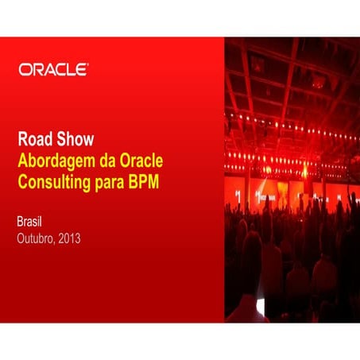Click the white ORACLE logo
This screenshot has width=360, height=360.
52,70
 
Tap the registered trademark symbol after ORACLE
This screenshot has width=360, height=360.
87,65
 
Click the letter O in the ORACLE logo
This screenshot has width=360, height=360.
25,70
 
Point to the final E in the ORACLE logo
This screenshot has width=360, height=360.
81,70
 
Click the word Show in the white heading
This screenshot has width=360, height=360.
75,140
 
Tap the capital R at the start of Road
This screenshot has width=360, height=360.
22,140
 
